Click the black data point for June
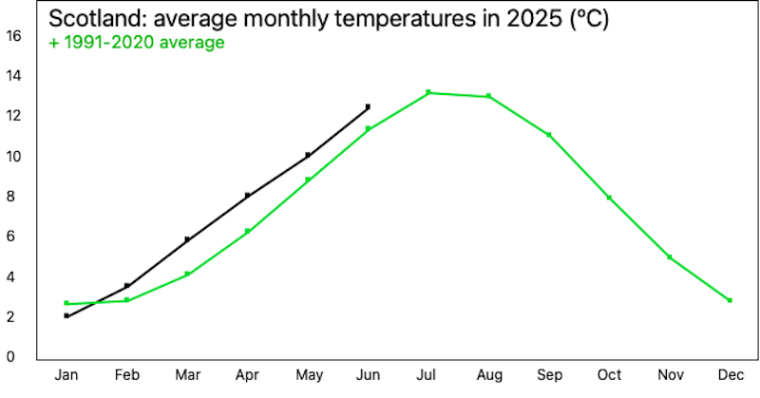[x=368, y=106]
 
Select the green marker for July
[x=428, y=92]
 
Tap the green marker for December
[x=730, y=300]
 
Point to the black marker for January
[x=66, y=316]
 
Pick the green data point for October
[x=609, y=198]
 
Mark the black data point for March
[x=187, y=239]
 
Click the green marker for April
[x=247, y=231]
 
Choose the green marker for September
[x=549, y=135]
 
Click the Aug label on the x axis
[x=489, y=375]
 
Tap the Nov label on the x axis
[x=671, y=375]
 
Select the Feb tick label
[x=127, y=375]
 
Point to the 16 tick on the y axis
[x=13, y=35]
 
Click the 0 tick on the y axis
[x=10, y=357]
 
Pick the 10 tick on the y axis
[x=13, y=156]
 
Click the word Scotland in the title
[x=99, y=18]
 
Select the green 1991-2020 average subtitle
[x=137, y=43]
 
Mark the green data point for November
[x=670, y=256]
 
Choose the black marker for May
[x=308, y=156]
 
